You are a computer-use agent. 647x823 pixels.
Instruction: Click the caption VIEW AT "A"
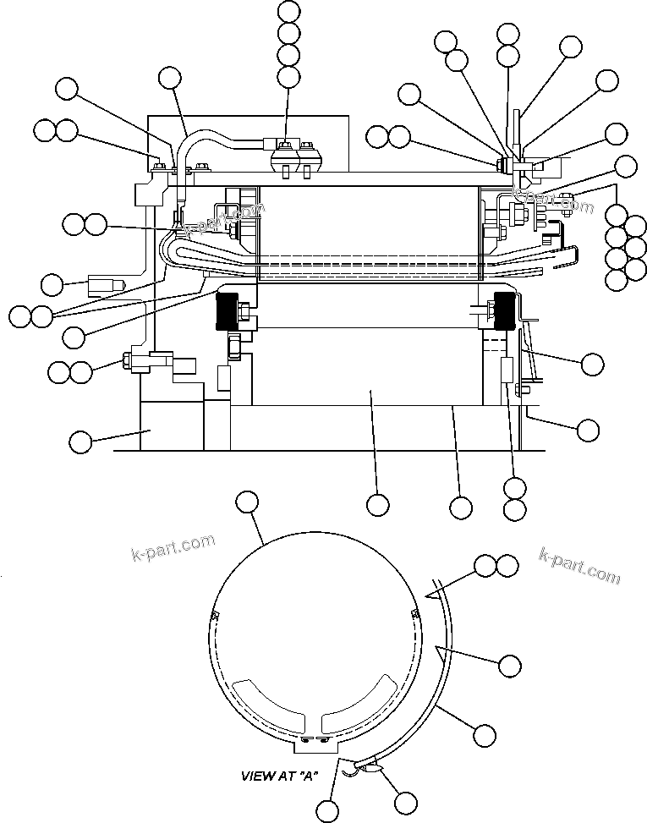tap(278, 776)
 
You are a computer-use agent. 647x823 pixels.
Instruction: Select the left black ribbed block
tap(228, 311)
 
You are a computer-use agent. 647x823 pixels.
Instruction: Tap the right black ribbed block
tap(504, 312)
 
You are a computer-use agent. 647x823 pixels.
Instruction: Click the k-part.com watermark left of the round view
tap(173, 547)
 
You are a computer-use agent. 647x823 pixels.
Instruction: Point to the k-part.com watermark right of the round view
tap(579, 564)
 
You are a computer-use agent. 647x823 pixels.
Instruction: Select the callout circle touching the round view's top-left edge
tap(245, 502)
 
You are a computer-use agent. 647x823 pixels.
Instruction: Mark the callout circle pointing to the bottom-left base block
tap(80, 441)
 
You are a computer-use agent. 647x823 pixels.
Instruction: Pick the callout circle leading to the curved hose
tap(170, 79)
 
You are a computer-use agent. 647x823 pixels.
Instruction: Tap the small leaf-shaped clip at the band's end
tap(371, 766)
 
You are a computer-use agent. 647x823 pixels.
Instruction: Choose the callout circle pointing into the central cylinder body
tap(378, 505)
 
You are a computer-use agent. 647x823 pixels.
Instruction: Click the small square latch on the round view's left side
tap(214, 615)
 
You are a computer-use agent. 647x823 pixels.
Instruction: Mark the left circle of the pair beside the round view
tap(485, 566)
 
